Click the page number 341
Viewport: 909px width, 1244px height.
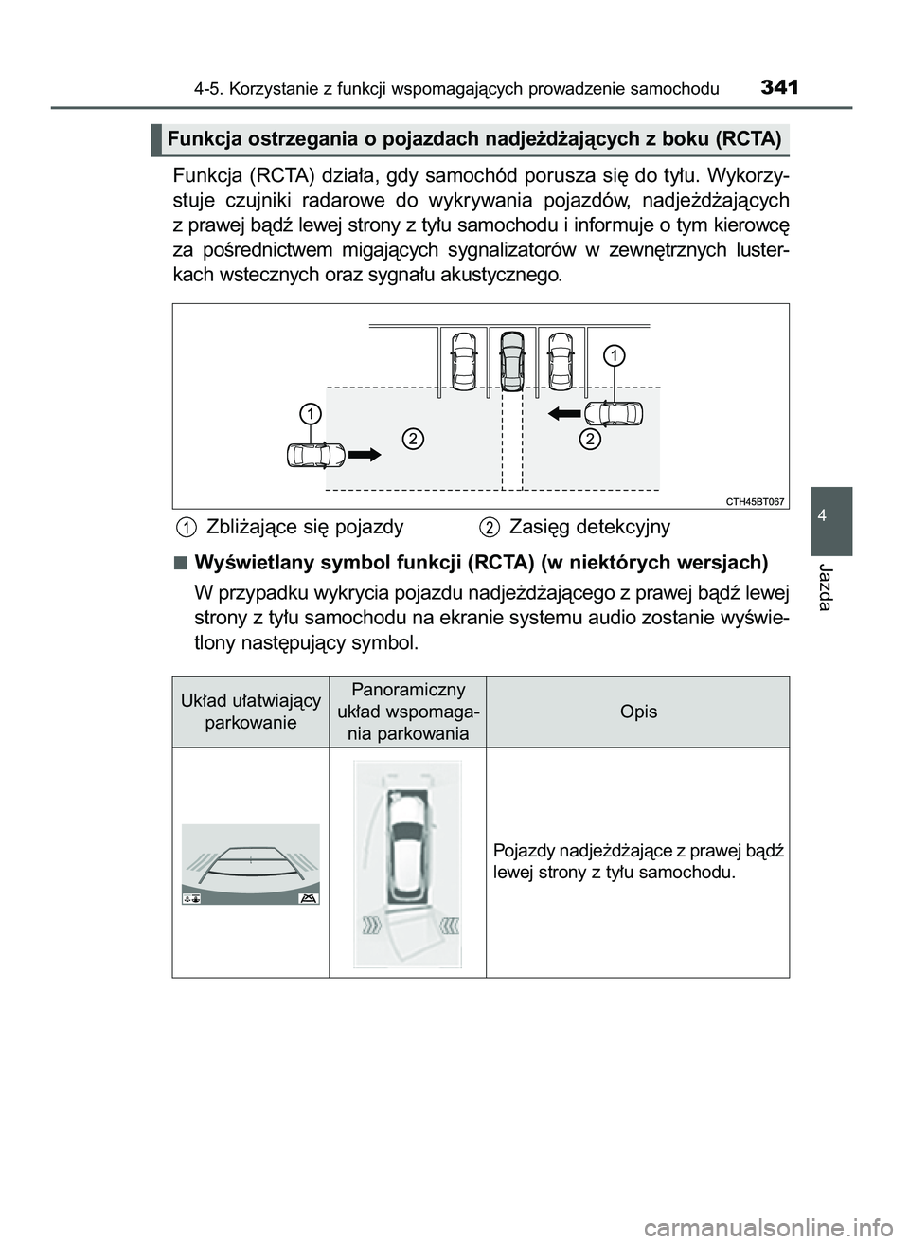point(778,88)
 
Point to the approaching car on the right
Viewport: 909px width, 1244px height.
point(614,414)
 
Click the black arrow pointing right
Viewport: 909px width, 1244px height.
point(365,455)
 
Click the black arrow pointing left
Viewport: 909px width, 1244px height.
point(565,413)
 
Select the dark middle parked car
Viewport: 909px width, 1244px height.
point(511,360)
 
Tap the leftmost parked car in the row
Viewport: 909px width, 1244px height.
point(464,360)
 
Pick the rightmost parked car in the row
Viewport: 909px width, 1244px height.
point(561,360)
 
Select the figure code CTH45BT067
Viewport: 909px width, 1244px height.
point(755,501)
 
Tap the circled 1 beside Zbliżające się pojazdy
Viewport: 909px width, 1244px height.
point(187,527)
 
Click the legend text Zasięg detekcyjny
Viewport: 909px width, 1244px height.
point(589,527)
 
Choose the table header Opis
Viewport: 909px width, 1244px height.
point(638,712)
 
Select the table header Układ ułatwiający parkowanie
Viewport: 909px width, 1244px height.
point(251,712)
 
